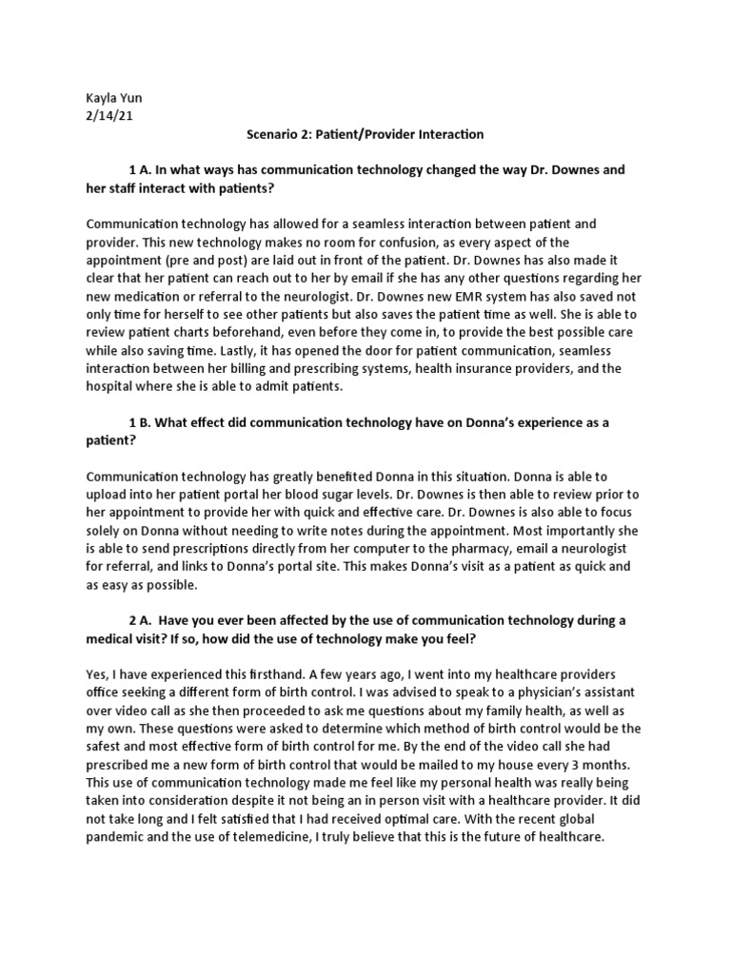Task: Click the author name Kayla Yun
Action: pos(113,100)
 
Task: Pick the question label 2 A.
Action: pos(140,621)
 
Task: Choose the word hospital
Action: pos(110,385)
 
